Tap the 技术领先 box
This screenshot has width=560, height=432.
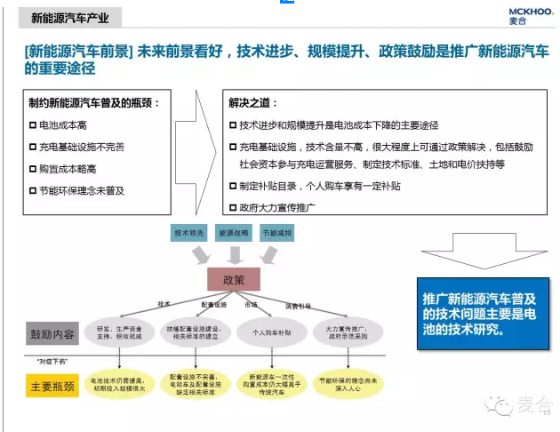click(x=188, y=233)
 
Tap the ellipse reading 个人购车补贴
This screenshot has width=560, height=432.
click(x=273, y=332)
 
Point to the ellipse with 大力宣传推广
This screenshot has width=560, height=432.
click(x=348, y=332)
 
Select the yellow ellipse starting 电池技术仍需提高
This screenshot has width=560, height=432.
click(x=117, y=384)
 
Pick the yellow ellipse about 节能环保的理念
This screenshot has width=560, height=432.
click(x=349, y=384)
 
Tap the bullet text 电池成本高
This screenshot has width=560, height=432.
click(x=63, y=125)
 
